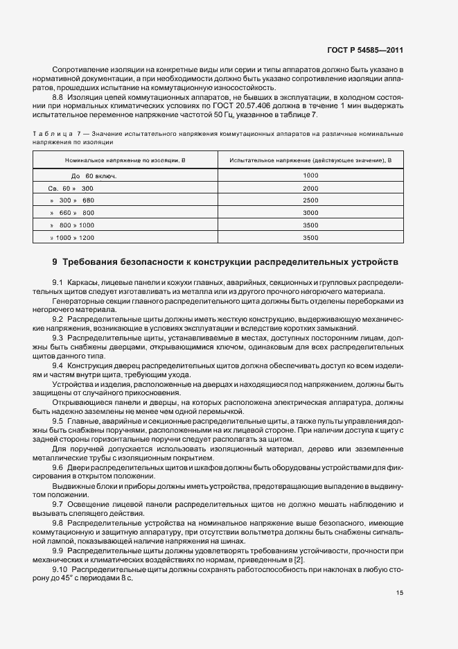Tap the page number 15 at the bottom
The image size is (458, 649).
coord(399,593)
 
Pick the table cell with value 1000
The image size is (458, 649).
coord(310,176)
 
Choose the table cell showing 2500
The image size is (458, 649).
coord(310,200)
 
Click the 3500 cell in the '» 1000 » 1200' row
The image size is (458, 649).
coord(310,238)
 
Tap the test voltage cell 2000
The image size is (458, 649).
coord(310,189)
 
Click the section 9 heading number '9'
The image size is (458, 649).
coord(55,262)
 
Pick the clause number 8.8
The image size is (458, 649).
coord(58,98)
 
